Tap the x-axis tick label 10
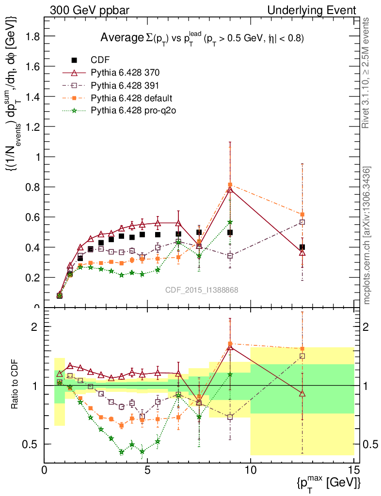(x=251, y=470)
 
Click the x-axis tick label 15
(x=354, y=470)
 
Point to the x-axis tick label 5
(x=147, y=470)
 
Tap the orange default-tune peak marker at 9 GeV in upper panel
(x=230, y=185)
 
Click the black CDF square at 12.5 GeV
(x=302, y=247)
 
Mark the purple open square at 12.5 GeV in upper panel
(x=302, y=222)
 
